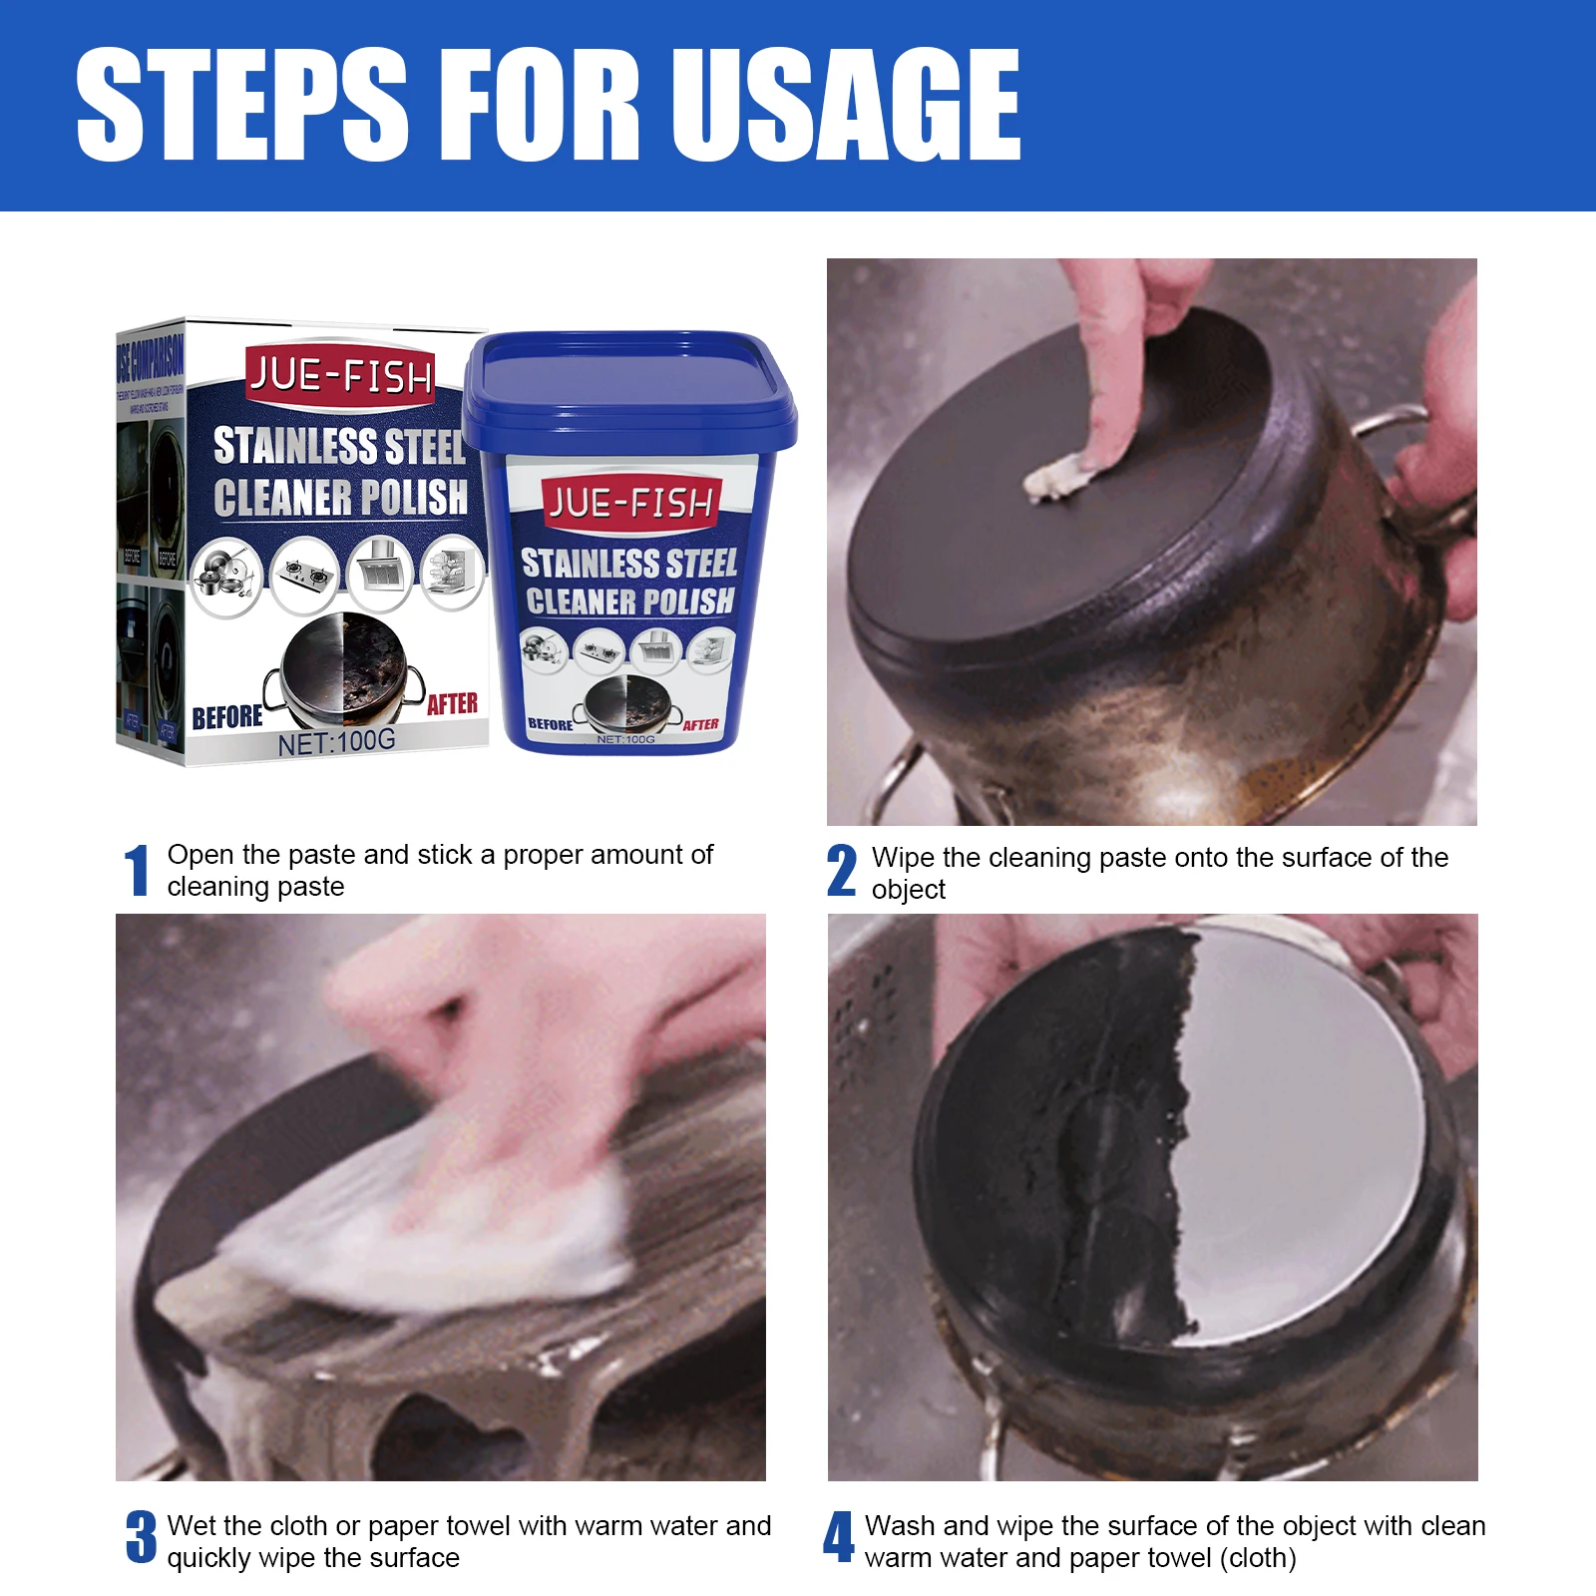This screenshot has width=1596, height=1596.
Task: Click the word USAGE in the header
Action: pyautogui.click(x=846, y=105)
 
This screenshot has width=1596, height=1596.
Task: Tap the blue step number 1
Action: pyautogui.click(x=137, y=871)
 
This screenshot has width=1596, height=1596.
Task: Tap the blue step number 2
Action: pyautogui.click(x=841, y=871)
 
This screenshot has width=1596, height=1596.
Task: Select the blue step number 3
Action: pyautogui.click(x=141, y=1537)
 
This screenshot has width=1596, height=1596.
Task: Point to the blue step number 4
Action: pyautogui.click(x=838, y=1537)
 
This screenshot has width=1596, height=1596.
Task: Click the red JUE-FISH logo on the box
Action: pyautogui.click(x=340, y=377)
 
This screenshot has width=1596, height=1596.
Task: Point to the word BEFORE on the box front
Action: pyautogui.click(x=227, y=717)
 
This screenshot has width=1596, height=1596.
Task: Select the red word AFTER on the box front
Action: pyautogui.click(x=452, y=704)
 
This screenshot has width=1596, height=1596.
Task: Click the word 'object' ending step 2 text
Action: pyautogui.click(x=908, y=890)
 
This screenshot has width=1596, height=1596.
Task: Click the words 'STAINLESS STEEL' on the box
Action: pyautogui.click(x=339, y=447)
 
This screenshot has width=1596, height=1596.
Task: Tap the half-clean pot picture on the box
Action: pyautogui.click(x=344, y=668)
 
